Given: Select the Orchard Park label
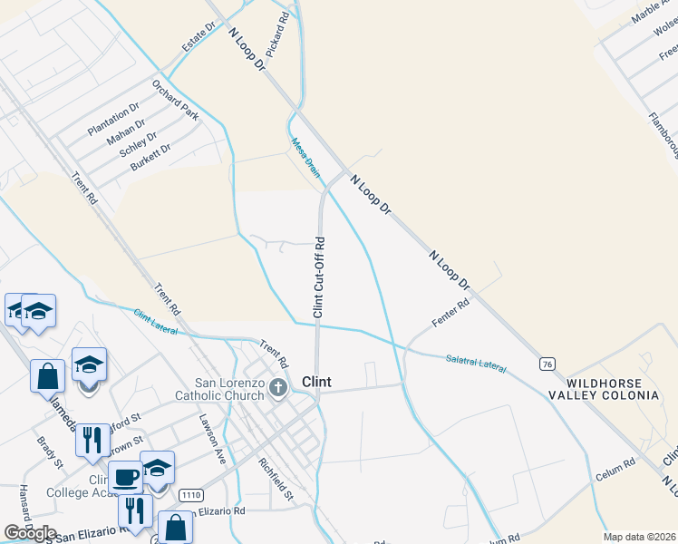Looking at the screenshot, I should click(175, 100).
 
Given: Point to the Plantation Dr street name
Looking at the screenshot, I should click(113, 119).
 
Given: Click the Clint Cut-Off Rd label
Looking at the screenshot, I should click(319, 277).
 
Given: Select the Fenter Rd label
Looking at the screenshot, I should click(450, 315).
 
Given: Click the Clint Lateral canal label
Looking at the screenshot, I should click(155, 321).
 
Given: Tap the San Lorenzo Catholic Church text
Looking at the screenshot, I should click(230, 388).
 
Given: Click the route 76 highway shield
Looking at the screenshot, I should click(547, 364).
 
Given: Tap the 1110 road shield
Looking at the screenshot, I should click(190, 495).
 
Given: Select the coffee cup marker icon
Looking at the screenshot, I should click(125, 475).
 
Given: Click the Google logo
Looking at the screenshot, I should click(30, 533).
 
